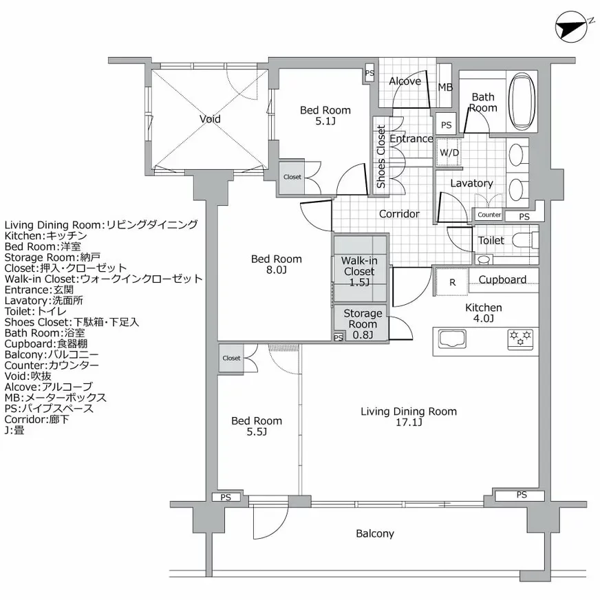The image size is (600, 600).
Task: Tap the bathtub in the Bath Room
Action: (x=522, y=102)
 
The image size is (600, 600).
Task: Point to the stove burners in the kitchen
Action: (x=521, y=337)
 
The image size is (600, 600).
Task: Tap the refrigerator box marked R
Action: (x=451, y=281)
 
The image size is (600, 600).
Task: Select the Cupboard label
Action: (x=502, y=279)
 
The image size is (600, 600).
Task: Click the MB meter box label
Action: (x=445, y=87)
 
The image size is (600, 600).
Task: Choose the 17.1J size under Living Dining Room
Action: (x=409, y=423)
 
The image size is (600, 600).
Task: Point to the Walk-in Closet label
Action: (x=360, y=271)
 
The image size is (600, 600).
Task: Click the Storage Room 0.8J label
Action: (x=363, y=324)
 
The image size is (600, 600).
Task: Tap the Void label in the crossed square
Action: (x=210, y=119)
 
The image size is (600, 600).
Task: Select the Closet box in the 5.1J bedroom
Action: (x=292, y=177)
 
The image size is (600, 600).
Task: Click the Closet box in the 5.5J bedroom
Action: (x=231, y=358)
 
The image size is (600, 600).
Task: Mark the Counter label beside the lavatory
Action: (x=489, y=215)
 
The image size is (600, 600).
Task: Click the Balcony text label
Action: (x=375, y=533)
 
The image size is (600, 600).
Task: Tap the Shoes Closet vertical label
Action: (x=381, y=157)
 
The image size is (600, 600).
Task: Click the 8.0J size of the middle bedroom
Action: (x=276, y=270)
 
